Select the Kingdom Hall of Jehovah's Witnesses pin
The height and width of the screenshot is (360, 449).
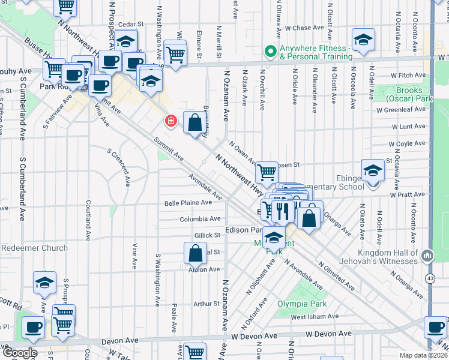coord(427,256)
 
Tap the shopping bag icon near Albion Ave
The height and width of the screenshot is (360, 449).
coord(196,254)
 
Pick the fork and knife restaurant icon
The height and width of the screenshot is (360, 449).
coord(283,211)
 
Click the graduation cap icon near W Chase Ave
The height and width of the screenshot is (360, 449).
coord(363,41)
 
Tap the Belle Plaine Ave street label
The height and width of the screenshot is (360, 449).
coord(188,203)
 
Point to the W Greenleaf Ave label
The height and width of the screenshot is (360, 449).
coord(401,110)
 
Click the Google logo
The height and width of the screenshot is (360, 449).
coord(19,353)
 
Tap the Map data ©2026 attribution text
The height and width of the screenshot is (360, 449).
coord(422,355)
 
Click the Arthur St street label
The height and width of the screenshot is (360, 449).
coord(206,304)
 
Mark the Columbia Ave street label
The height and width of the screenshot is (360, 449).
coord(200,220)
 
